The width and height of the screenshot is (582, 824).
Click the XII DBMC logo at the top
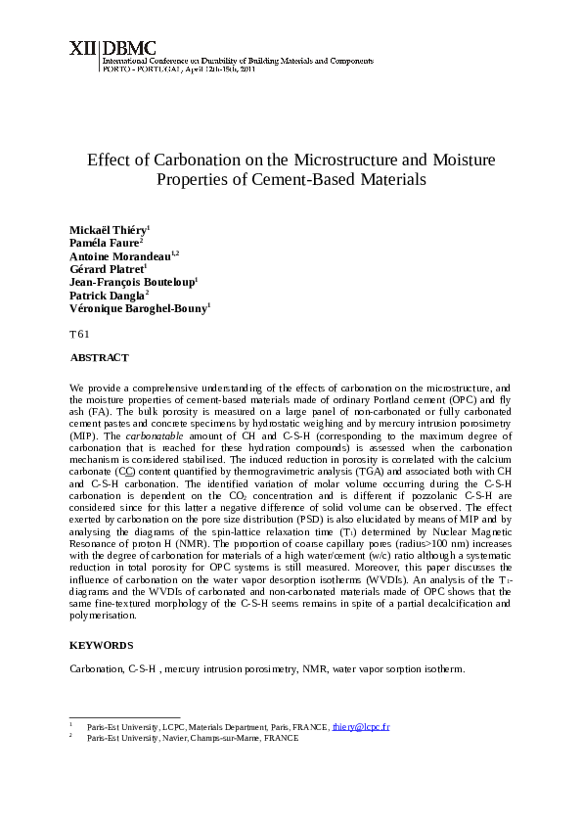click(x=103, y=47)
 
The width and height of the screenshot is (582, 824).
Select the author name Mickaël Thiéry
click(x=108, y=229)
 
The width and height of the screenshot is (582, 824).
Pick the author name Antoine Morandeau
click(x=119, y=255)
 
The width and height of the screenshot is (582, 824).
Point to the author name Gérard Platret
click(x=106, y=268)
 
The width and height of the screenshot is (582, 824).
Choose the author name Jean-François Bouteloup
click(x=132, y=281)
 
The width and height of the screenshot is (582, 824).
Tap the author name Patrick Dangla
click(x=107, y=295)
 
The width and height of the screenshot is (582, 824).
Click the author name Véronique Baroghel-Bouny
click(x=137, y=307)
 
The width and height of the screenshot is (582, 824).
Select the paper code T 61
click(x=79, y=335)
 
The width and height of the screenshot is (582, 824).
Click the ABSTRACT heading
click(x=100, y=358)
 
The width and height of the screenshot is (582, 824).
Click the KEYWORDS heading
click(x=102, y=645)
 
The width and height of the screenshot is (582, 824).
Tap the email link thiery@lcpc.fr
click(x=361, y=728)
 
